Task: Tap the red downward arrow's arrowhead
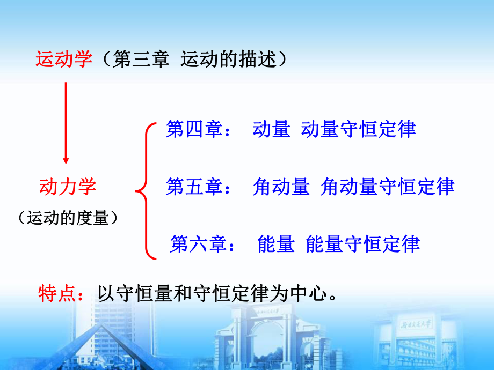pos(66,159)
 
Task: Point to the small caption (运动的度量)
pos(68,218)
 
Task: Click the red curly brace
pos(145,190)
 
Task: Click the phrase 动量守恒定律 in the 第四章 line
pos(359,130)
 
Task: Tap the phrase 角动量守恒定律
pos(387,187)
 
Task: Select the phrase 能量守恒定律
pos(362,244)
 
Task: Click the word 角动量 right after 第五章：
pos(281,187)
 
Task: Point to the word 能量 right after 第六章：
pos(276,244)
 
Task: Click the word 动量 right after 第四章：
pos(271,130)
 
